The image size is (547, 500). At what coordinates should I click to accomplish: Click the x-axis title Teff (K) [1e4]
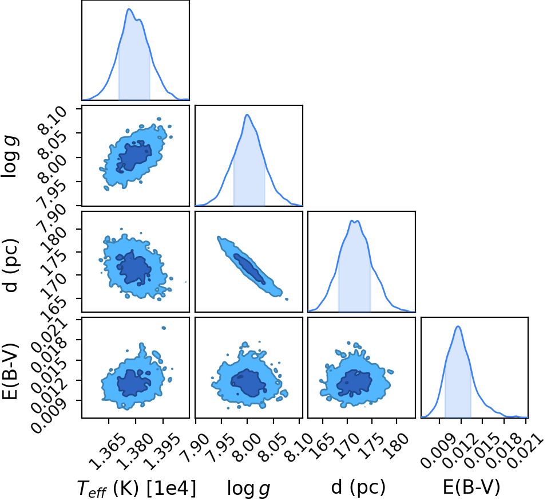click(x=136, y=487)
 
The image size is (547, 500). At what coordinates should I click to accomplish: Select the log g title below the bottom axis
click(x=248, y=488)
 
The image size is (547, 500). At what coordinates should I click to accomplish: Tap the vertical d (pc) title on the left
click(x=10, y=265)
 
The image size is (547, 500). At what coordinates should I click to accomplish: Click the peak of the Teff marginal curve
click(x=129, y=9)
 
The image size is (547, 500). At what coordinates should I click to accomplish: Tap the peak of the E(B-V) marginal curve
click(x=458, y=326)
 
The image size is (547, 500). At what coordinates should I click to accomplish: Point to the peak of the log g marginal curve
click(x=247, y=115)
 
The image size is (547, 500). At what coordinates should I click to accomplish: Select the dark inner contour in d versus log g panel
click(x=249, y=269)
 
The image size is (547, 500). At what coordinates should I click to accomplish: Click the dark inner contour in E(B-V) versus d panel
click(x=354, y=383)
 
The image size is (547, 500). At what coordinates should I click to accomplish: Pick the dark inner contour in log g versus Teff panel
click(x=134, y=155)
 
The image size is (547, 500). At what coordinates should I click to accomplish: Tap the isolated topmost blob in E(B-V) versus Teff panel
click(x=163, y=328)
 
